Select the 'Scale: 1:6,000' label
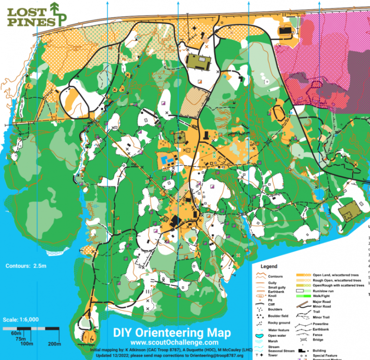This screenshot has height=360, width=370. click(x=21, y=319)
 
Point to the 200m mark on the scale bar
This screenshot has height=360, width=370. click(x=54, y=344)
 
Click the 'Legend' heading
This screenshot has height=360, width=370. click(x=269, y=267)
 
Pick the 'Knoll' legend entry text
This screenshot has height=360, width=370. click(x=273, y=296)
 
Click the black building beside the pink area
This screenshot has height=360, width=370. click(x=285, y=31)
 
